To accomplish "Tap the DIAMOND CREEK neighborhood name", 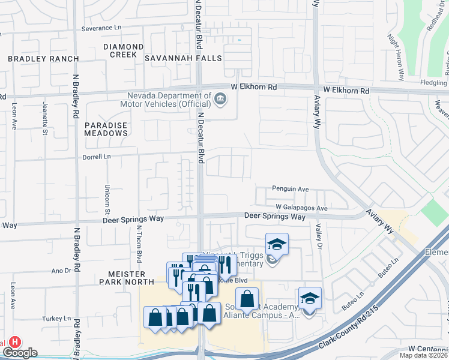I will (x=123, y=50).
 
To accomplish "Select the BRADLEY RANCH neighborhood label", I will (x=43, y=59).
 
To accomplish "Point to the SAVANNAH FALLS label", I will (x=183, y=59).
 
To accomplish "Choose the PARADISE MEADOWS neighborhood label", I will (x=106, y=128).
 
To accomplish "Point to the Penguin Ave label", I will (x=290, y=189).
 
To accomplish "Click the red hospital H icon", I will (x=14, y=341).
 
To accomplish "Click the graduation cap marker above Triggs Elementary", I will (x=277, y=244).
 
